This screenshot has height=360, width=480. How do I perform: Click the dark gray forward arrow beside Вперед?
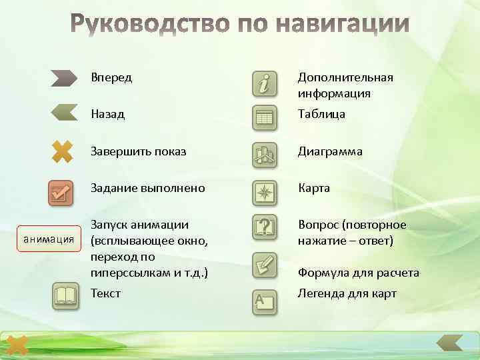(x=64, y=78)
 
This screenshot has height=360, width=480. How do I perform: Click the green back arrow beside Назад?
(x=64, y=111)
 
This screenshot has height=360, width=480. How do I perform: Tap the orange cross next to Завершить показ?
(x=61, y=151)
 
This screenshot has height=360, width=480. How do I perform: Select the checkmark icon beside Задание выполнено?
(x=61, y=193)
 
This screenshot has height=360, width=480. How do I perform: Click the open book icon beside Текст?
(x=65, y=295)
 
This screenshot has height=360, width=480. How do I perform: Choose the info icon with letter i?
(x=265, y=84)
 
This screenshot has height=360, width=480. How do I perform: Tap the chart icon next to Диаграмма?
(x=265, y=155)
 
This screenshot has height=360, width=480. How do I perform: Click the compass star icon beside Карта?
(x=265, y=192)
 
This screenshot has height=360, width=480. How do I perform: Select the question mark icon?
(x=265, y=227)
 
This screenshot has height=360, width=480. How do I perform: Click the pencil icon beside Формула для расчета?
(x=265, y=265)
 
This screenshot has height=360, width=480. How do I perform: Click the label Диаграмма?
(x=330, y=151)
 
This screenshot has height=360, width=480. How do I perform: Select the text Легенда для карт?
(x=347, y=293)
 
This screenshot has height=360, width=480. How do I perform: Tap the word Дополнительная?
(x=345, y=77)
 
